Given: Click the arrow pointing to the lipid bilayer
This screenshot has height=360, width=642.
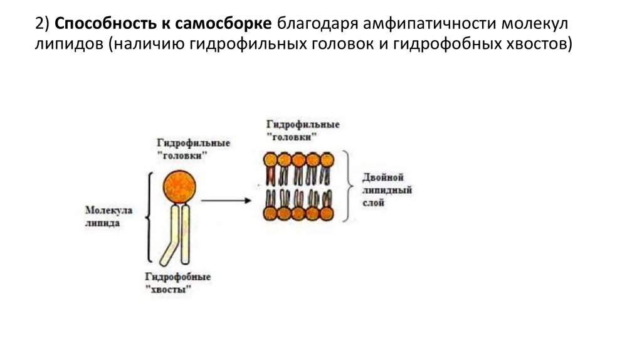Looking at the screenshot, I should pyautogui.click(x=226, y=201).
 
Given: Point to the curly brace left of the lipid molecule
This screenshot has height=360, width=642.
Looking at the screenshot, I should pyautogui.click(x=149, y=218).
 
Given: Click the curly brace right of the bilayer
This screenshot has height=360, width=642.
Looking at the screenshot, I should pyautogui.click(x=352, y=186).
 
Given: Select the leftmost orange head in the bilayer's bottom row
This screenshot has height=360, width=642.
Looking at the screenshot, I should pyautogui.click(x=270, y=213).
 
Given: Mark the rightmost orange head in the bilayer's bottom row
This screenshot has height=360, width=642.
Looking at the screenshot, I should pyautogui.click(x=327, y=213).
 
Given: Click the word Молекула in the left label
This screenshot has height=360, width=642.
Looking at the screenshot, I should pyautogui.click(x=106, y=210).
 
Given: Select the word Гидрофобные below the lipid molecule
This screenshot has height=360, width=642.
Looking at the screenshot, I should pyautogui.click(x=177, y=277).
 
